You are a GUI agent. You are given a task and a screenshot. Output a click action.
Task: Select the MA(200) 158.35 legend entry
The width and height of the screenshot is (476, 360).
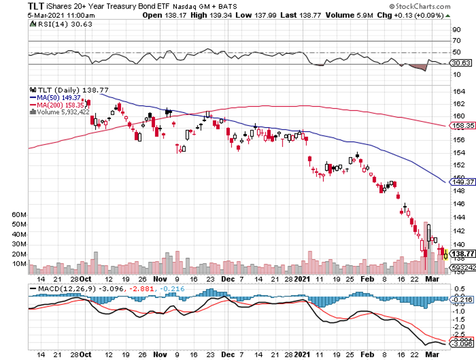pos(55,105)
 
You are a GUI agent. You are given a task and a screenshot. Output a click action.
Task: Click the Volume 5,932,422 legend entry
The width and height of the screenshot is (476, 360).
pos(60,112)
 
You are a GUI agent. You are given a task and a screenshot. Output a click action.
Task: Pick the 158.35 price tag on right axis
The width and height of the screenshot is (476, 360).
pos(462,126)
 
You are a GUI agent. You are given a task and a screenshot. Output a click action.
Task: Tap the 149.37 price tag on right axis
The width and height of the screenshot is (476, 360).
pos(462,182)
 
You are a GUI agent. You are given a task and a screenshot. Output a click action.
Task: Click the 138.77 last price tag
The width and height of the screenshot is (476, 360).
pos(463,253)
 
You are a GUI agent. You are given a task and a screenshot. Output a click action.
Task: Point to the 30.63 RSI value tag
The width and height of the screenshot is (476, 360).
pos(461,63)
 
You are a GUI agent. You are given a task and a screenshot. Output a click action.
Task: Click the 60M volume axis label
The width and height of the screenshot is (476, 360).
pos(19,215)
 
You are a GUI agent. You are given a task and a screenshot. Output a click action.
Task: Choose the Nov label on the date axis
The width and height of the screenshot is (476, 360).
pos(160,279)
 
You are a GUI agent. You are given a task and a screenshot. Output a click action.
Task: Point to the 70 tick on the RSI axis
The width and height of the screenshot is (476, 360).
pos(457,41)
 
